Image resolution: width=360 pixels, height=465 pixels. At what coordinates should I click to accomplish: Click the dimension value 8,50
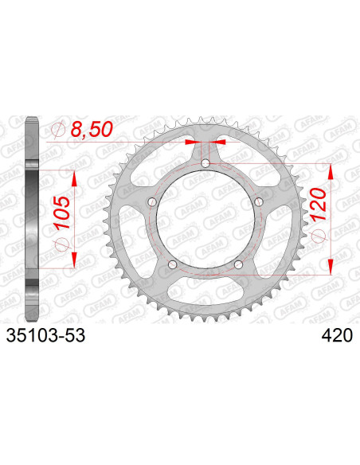point(92,130)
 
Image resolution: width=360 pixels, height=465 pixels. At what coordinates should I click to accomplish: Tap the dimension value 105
point(62,213)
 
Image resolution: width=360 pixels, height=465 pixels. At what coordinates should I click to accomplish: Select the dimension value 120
point(319,205)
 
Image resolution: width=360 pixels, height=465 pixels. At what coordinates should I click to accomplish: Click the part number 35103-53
point(45,336)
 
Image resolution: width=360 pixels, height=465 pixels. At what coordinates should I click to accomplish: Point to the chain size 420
point(337,336)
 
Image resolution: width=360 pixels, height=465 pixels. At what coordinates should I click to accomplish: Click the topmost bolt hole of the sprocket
point(205,163)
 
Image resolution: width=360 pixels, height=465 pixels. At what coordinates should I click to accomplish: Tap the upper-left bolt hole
point(152,202)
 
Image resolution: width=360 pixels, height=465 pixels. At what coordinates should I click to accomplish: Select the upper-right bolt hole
point(259,202)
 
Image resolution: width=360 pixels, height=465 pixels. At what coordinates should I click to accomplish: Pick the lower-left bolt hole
point(172,264)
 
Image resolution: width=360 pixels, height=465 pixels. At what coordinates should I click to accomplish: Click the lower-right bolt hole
point(238,264)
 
